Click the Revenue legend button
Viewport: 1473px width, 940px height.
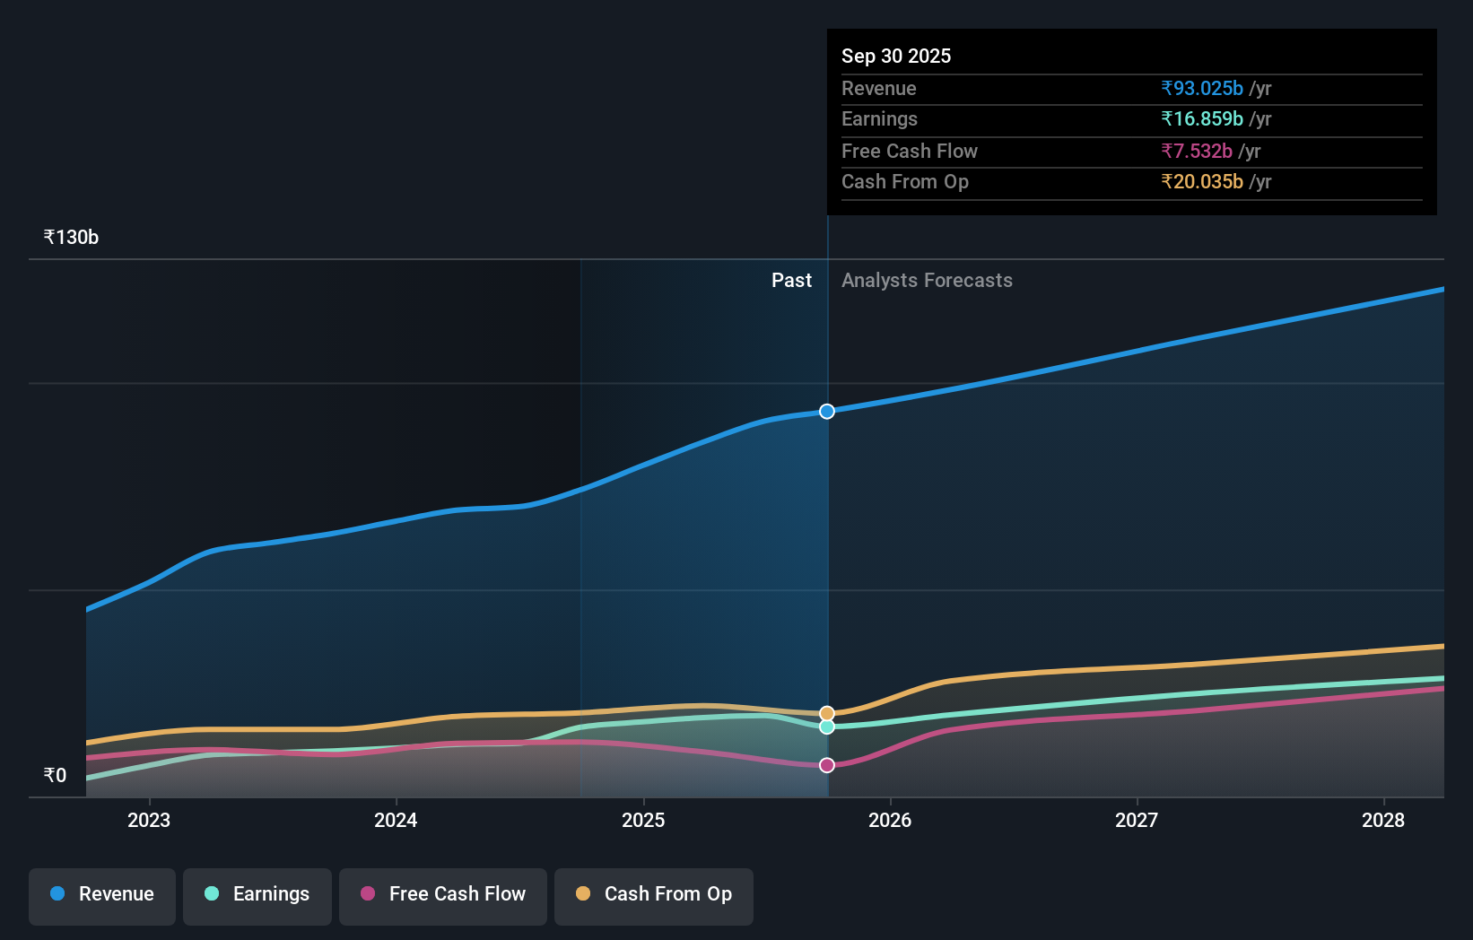tap(102, 894)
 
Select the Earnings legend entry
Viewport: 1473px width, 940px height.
tap(257, 894)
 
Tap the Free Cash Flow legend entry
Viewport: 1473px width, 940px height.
tap(443, 894)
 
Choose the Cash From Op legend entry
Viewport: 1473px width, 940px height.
tap(654, 894)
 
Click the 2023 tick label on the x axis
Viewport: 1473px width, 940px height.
tap(149, 820)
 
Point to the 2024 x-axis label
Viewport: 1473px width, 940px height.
tap(396, 820)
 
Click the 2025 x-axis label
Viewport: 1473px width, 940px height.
tap(643, 820)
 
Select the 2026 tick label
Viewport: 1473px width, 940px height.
tap(890, 820)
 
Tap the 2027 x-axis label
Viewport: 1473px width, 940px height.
tap(1137, 820)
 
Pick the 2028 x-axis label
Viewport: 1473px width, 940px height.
tap(1383, 820)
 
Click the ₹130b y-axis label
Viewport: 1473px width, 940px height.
tap(71, 238)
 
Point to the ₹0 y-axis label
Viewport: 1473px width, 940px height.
tap(55, 775)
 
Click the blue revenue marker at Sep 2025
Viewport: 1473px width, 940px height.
tap(827, 412)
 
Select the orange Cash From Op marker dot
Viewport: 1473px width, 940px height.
tap(827, 714)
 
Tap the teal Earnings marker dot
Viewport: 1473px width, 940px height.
tap(827, 727)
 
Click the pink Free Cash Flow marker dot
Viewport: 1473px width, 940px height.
tap(827, 765)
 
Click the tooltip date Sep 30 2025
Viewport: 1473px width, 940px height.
tap(896, 56)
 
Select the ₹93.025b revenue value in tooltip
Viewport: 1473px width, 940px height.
tap(1202, 88)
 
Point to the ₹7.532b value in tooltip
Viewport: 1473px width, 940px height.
tap(1197, 151)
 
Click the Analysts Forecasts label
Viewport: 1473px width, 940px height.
tap(927, 281)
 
